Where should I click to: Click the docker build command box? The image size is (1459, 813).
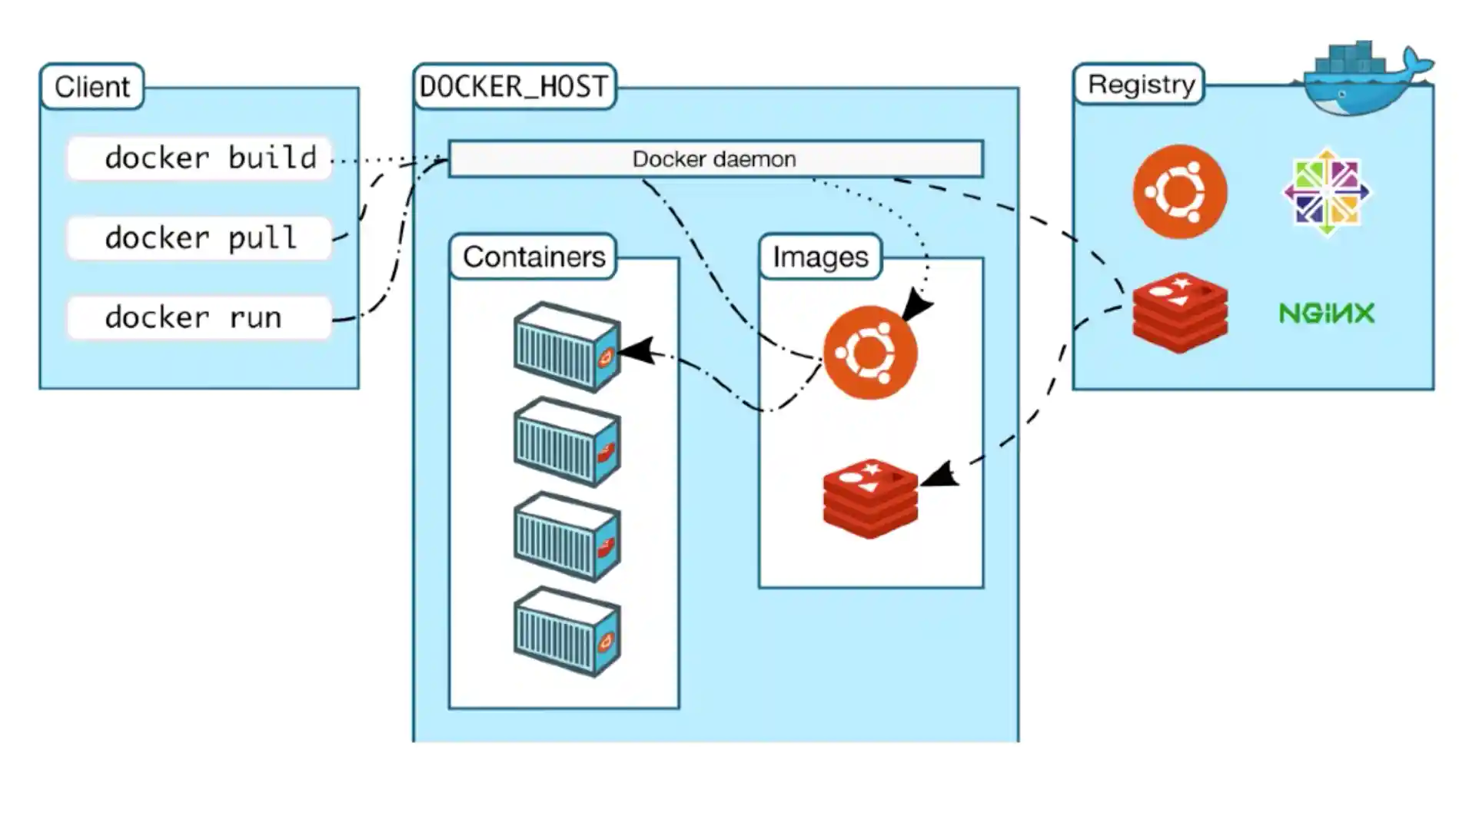[199, 158]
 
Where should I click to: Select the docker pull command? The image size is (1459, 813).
[199, 238]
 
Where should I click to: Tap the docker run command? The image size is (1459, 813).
[199, 317]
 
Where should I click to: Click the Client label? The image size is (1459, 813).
[92, 87]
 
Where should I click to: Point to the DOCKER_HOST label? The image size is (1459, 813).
[514, 87]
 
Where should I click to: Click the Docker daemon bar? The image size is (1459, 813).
[715, 159]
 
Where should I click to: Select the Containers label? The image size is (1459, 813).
[533, 257]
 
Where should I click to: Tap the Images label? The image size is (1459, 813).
[820, 257]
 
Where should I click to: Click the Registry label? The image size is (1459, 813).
[1141, 85]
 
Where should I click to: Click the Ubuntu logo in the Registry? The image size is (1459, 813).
[1179, 191]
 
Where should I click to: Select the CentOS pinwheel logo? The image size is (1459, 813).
[1326, 191]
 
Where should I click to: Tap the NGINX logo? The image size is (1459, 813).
[1326, 314]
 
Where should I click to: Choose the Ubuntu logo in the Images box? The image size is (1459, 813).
[869, 353]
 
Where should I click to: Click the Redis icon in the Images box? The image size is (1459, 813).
[869, 499]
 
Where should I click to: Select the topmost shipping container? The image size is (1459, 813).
[567, 347]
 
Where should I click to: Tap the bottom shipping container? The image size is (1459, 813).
[567, 631]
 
